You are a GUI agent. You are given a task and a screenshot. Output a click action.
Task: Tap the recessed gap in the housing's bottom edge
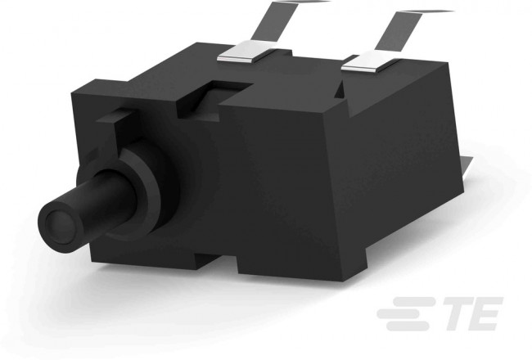(x=217, y=267)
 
